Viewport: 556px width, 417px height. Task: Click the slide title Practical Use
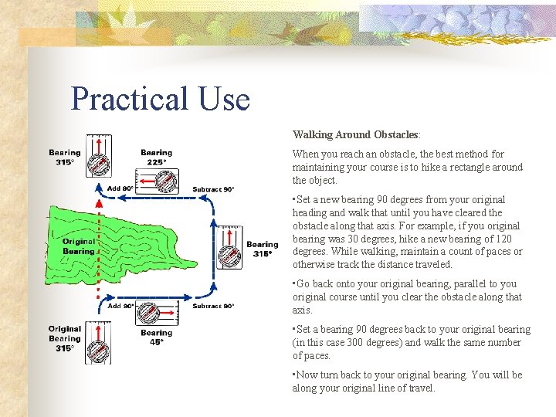pos(161,100)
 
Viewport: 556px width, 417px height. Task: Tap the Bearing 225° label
pos(156,158)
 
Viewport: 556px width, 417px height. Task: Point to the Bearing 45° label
pos(156,337)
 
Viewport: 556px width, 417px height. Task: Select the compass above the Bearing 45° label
pos(151,314)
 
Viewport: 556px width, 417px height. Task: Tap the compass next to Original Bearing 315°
pos(97,343)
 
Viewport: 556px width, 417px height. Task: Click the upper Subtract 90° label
pos(213,189)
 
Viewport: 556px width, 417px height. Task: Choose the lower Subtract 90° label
pos(213,306)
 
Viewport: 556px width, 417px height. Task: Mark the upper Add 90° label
pos(120,188)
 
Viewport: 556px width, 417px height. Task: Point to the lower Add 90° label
pos(120,306)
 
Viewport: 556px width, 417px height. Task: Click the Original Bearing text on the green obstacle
pos(78,246)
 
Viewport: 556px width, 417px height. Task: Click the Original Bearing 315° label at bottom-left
pos(64,338)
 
